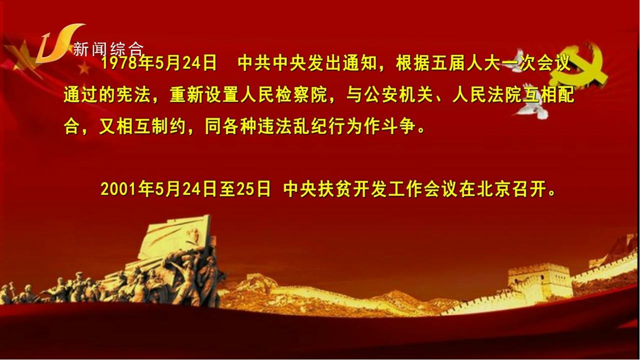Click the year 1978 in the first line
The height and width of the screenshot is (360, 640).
tap(119, 63)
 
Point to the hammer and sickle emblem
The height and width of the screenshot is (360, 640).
tap(580, 67)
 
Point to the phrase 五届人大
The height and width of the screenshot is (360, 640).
tap(465, 63)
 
